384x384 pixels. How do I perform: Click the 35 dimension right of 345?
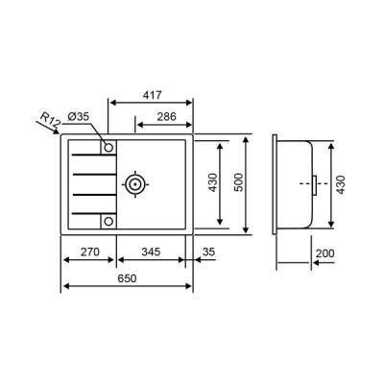(x=209, y=252)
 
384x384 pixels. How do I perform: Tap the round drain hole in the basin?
(x=135, y=182)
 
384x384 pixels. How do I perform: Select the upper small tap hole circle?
(x=108, y=148)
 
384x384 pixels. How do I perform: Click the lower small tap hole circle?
(x=108, y=220)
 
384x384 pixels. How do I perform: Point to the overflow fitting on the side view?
(x=313, y=182)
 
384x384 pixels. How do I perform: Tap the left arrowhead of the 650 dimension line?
(x=66, y=286)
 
